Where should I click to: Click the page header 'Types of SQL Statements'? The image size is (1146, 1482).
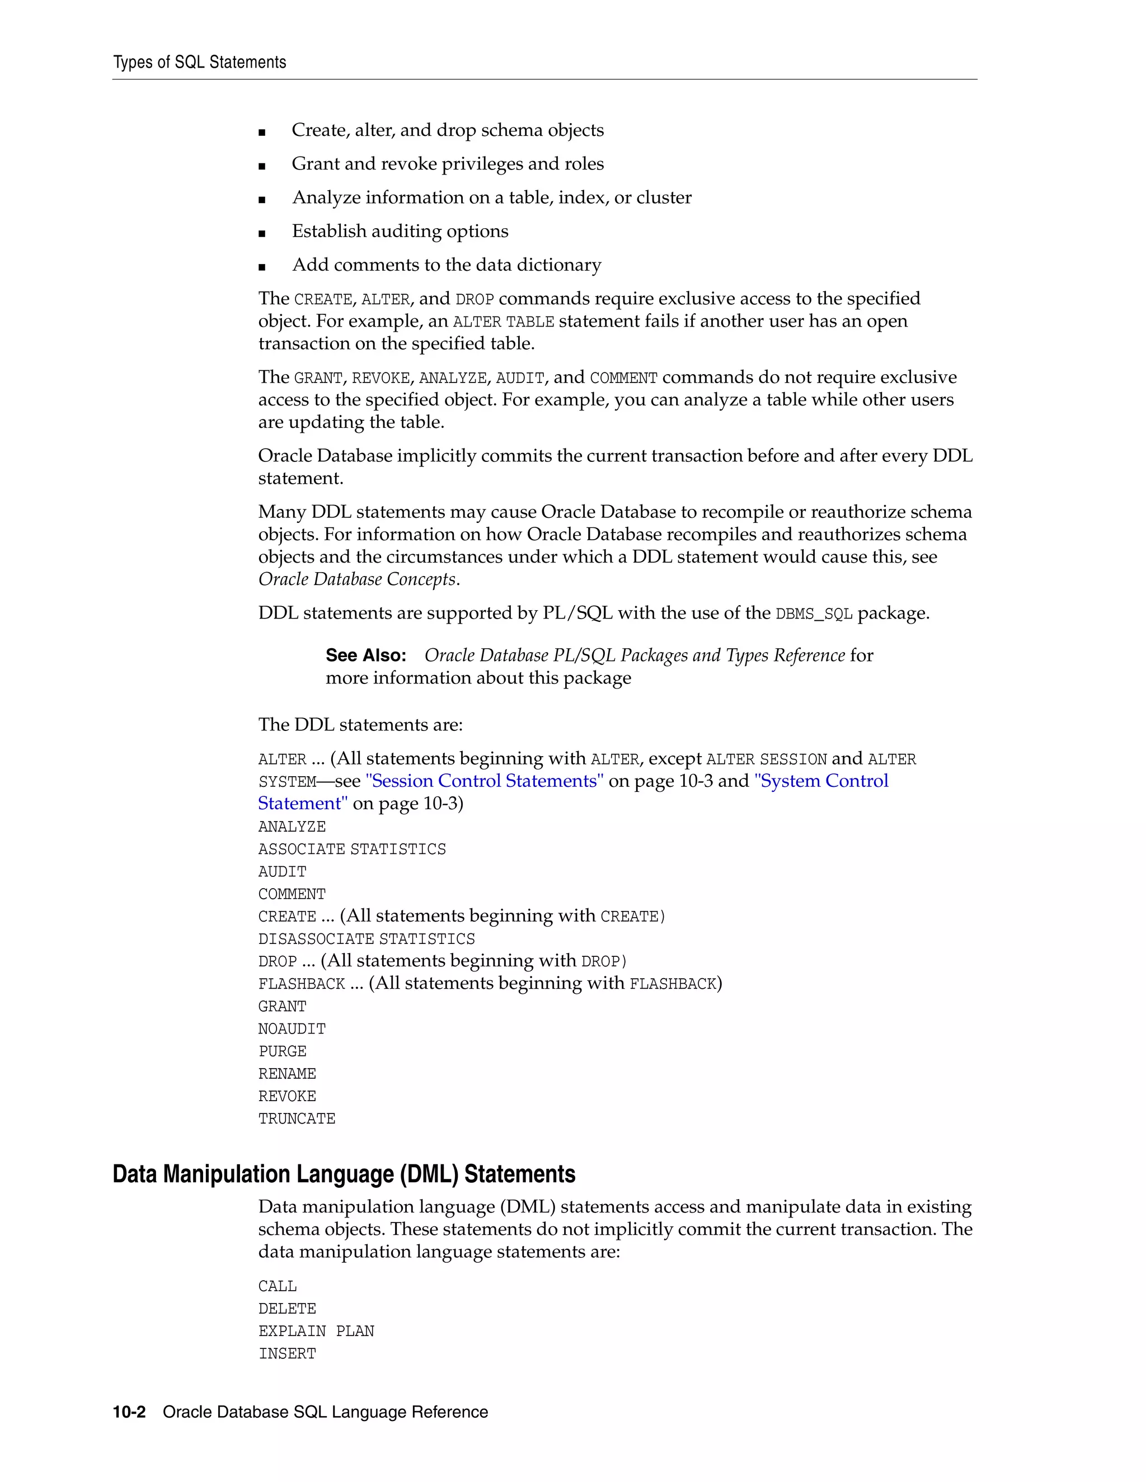click(x=200, y=63)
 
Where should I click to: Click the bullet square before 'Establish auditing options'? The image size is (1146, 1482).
click(x=262, y=233)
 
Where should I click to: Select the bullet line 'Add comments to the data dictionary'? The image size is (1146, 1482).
click(x=446, y=265)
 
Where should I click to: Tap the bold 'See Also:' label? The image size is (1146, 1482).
click(x=365, y=655)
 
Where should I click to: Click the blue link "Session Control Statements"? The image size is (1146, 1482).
click(x=484, y=781)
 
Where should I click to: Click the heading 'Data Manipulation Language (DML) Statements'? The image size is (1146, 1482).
click(x=344, y=1174)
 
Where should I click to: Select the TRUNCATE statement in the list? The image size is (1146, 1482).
click(x=297, y=1119)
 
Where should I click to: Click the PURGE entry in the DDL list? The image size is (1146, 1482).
click(x=283, y=1052)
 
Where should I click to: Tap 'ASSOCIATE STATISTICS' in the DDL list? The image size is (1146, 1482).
click(x=351, y=849)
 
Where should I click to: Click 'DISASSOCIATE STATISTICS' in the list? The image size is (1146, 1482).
click(x=366, y=939)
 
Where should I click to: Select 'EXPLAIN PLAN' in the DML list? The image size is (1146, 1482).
click(x=316, y=1332)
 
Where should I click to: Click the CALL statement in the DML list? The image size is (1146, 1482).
click(x=277, y=1287)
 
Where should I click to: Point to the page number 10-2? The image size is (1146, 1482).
click(x=129, y=1412)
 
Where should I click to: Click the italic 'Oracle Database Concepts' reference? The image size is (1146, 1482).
click(x=357, y=579)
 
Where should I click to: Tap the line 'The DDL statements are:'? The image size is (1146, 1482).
click(x=360, y=725)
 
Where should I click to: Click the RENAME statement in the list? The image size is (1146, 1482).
click(x=287, y=1074)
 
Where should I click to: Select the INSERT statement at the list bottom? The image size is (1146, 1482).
click(x=287, y=1354)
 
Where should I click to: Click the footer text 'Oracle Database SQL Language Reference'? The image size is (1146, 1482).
click(x=325, y=1412)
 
